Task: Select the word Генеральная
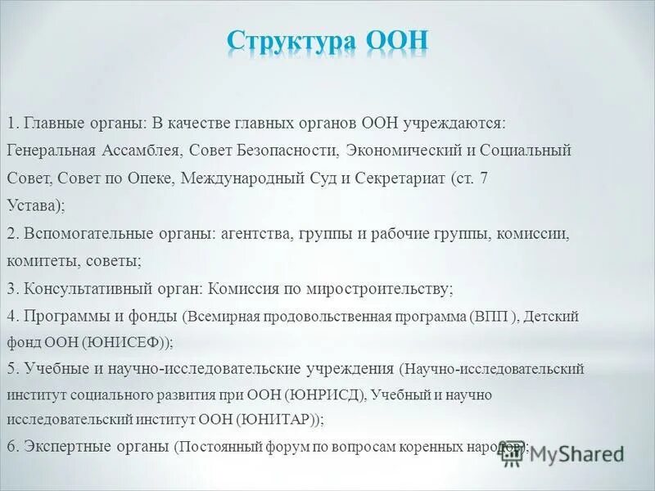(53, 151)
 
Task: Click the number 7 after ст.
(486, 178)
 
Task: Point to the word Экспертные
(65, 448)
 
